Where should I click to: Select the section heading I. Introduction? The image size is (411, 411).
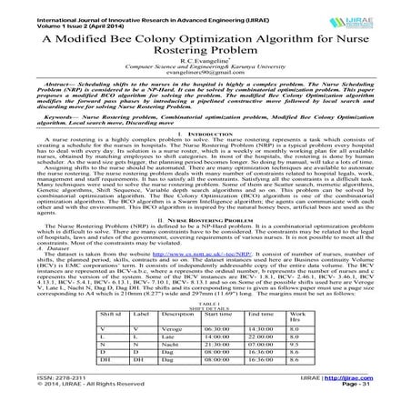(205, 157)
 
